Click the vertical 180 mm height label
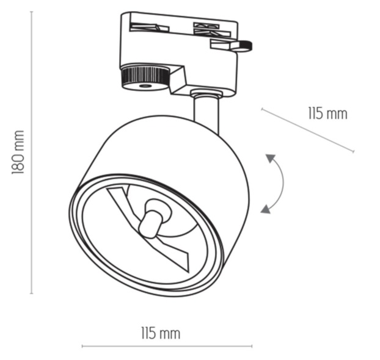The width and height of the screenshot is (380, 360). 18,152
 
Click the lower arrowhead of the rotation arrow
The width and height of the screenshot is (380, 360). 265,209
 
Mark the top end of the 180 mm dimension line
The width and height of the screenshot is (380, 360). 32,12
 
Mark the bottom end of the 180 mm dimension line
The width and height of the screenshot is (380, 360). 32,293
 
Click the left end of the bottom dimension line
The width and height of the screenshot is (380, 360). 82,347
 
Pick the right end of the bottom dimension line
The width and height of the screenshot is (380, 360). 252,347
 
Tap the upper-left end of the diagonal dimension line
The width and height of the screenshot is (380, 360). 261,109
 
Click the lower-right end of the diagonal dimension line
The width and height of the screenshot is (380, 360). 354,151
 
